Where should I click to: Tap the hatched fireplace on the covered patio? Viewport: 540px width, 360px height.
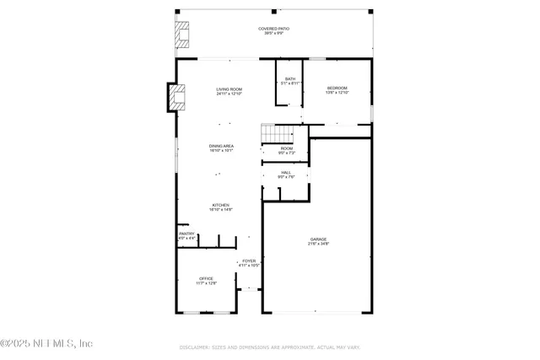(181, 35)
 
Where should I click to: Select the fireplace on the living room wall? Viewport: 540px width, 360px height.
(175, 98)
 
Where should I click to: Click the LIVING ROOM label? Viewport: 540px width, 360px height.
(229, 89)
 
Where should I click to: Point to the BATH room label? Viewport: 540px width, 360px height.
(289, 78)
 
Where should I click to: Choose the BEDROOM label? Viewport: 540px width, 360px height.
(337, 88)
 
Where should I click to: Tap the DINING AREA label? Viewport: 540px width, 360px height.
(222, 146)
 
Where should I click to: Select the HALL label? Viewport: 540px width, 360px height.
(286, 172)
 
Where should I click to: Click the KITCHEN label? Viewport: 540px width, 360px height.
(220, 205)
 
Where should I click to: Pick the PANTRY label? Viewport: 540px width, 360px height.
(186, 234)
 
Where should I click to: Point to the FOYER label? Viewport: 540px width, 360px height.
(249, 261)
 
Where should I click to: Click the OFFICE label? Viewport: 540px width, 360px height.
(207, 278)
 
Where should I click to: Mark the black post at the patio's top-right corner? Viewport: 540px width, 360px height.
(369, 12)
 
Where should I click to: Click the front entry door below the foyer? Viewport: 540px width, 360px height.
(249, 290)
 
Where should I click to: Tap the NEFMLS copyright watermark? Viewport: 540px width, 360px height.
(46, 343)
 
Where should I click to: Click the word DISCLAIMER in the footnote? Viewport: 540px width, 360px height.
(194, 347)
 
